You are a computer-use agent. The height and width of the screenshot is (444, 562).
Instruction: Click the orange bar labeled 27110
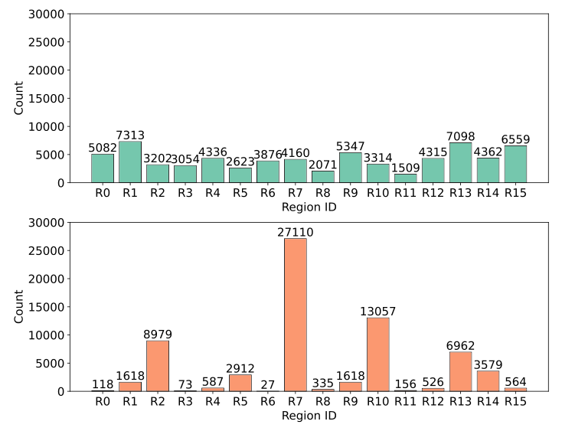(x=296, y=315)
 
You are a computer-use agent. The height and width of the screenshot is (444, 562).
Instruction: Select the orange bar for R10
(x=378, y=354)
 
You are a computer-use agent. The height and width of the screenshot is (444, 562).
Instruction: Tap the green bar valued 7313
(x=130, y=162)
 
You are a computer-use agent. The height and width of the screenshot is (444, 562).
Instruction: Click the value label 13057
(x=378, y=311)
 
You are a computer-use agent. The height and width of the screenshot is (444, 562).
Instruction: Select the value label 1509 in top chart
(x=406, y=168)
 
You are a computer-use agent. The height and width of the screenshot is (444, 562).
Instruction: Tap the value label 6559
(x=515, y=139)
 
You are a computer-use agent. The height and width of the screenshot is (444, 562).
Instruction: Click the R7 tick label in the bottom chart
(x=296, y=403)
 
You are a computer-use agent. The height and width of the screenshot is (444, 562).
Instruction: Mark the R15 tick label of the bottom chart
(x=515, y=403)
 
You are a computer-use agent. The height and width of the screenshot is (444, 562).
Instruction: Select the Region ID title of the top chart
(x=309, y=207)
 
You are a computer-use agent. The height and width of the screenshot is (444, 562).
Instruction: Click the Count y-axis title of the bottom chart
(x=19, y=307)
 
